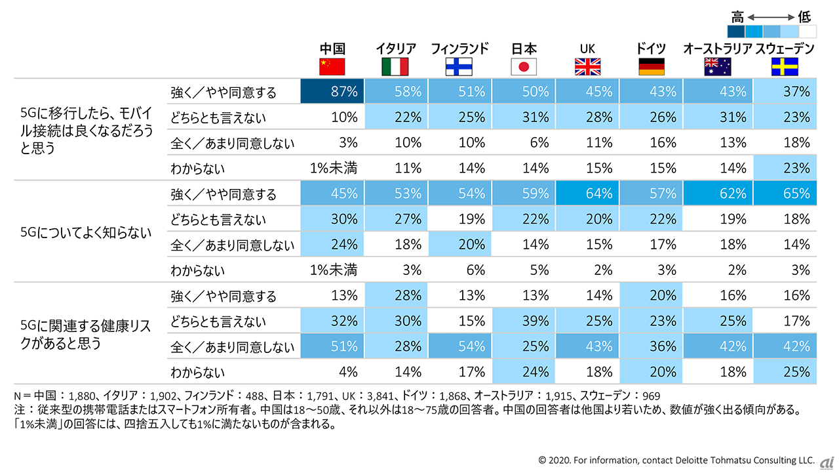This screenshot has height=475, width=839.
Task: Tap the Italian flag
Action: [x=395, y=67]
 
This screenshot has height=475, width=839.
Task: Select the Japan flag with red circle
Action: [x=524, y=67]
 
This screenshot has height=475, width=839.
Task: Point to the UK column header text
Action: [x=587, y=49]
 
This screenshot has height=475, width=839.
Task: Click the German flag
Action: [x=651, y=67]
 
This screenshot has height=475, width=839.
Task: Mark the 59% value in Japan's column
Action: [x=524, y=194]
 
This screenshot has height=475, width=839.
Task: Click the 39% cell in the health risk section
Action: [x=524, y=321]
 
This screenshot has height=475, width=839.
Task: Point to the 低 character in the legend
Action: [x=804, y=16]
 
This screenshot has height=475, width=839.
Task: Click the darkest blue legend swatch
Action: [x=736, y=31]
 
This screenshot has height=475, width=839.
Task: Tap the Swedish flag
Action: [x=785, y=67]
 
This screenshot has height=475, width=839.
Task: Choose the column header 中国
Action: [x=332, y=49]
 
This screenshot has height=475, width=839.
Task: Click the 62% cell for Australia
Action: [x=718, y=194]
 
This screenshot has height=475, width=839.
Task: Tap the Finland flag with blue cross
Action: [x=459, y=67]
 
